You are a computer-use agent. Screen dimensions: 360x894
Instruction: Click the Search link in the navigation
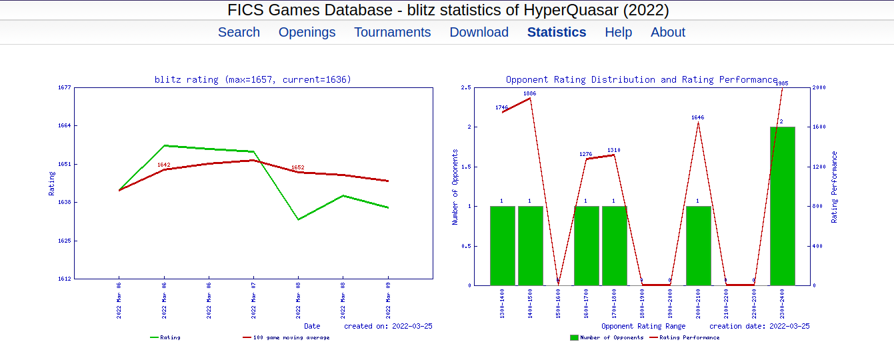click(239, 32)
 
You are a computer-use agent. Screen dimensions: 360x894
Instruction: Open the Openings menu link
click(307, 32)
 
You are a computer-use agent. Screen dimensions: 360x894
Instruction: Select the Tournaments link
click(392, 32)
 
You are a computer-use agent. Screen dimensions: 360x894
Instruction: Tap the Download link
click(479, 32)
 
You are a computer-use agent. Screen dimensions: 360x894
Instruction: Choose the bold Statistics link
click(557, 32)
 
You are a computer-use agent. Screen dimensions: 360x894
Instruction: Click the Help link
click(618, 32)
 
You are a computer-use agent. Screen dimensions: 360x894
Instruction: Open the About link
click(667, 32)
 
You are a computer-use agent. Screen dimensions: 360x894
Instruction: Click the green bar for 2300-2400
click(782, 206)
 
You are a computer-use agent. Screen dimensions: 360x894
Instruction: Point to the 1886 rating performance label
click(529, 93)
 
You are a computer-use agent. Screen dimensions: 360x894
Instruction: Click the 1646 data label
click(697, 117)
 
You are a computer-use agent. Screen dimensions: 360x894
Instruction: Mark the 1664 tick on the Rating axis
click(65, 125)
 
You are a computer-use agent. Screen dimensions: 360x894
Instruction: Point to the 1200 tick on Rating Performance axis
click(819, 167)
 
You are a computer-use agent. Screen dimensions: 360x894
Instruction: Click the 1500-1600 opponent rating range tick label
click(558, 304)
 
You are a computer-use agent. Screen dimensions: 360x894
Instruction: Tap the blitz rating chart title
click(253, 79)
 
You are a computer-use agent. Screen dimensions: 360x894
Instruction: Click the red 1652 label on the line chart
click(297, 167)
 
